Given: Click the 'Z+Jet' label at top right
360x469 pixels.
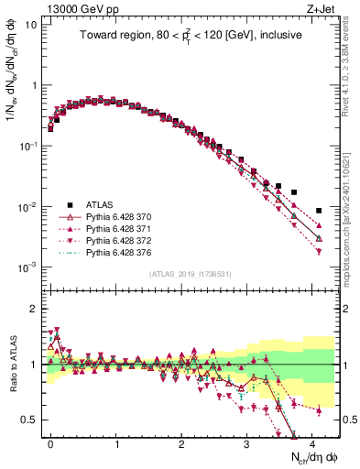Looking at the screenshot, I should coord(322,8).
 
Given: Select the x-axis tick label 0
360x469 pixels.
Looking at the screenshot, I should coord(50,443).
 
